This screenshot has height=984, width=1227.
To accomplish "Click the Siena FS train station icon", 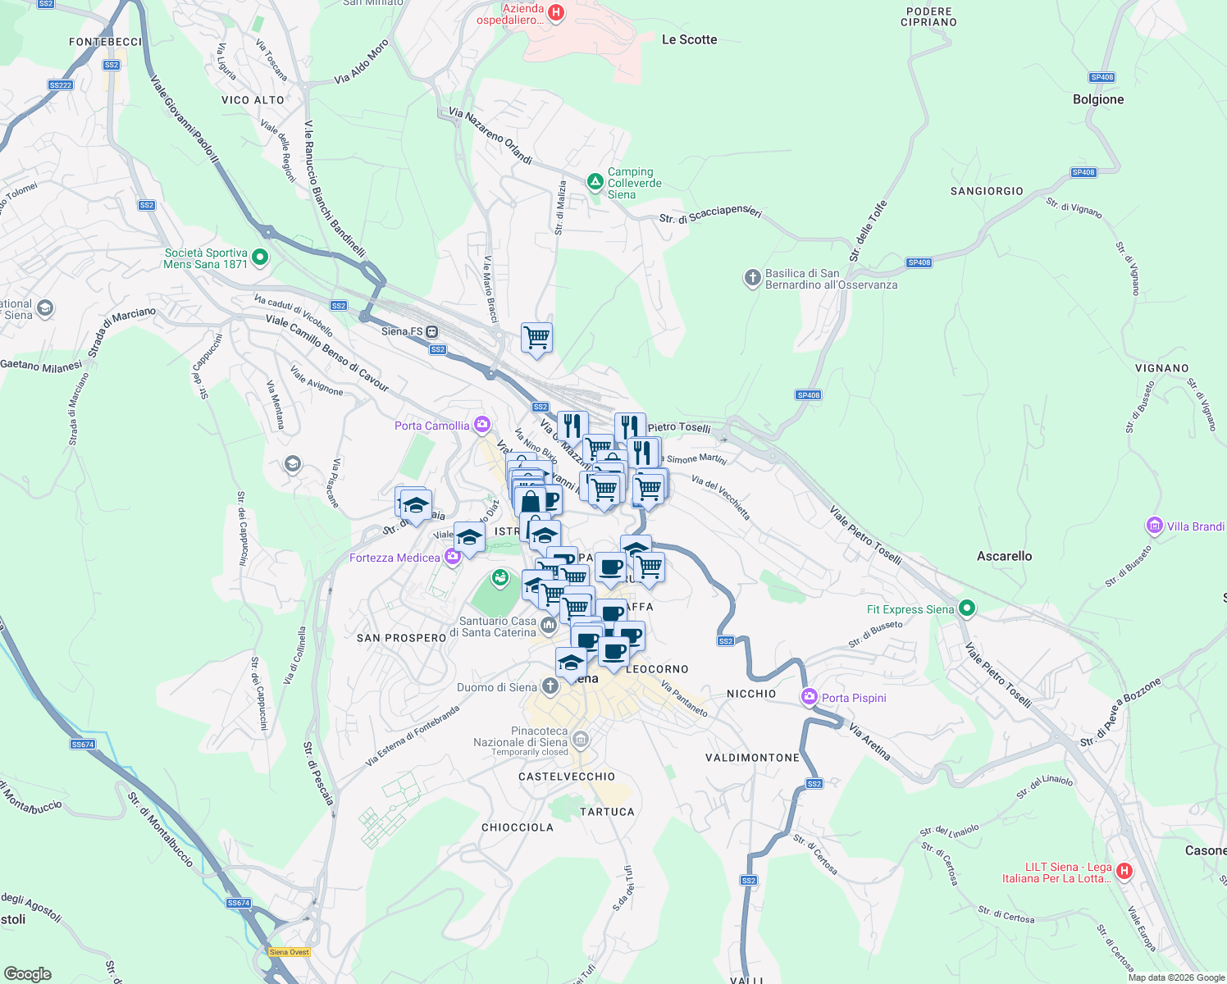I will coord(432,332).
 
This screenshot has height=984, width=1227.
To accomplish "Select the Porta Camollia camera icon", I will coord(482,425).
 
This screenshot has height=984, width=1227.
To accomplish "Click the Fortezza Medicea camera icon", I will coord(452,558).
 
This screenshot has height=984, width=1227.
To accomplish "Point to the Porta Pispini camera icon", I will coord(810,697).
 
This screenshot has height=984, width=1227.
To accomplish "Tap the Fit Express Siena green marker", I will coord(967,608).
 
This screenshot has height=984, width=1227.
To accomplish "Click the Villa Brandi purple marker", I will coord(1155,526).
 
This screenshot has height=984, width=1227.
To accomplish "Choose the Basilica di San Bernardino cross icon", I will coord(752,278).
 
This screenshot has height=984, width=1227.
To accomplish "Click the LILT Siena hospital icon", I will coord(1124,871).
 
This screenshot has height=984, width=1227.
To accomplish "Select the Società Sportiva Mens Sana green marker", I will coord(260,257).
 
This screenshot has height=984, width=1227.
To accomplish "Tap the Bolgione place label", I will coord(1098,100).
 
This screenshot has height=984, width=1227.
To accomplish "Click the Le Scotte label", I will coord(689,39).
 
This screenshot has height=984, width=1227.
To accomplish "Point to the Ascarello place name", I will coord(1004,556).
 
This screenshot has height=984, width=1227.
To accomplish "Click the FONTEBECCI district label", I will coord(106,42).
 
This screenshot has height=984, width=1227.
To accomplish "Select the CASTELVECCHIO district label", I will coord(567,777).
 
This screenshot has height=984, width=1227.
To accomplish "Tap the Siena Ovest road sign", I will coord(290,952).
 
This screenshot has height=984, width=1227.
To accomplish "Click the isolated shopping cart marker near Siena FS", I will coord(536,337).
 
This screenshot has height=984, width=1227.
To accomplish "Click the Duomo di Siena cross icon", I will coord(550,686).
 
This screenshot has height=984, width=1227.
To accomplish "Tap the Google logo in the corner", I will coord(28,973).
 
